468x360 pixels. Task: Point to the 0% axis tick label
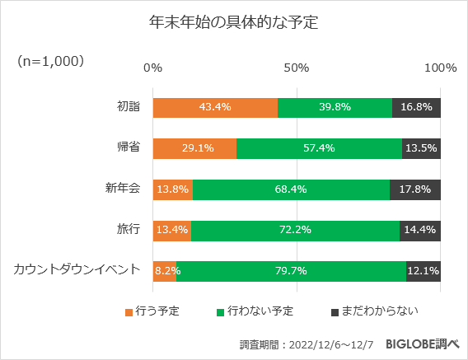pyautogui.click(x=152, y=68)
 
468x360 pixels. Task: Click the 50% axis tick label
pyautogui.click(x=297, y=68)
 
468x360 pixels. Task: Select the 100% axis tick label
pyautogui.click(x=440, y=68)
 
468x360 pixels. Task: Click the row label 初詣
pyautogui.click(x=128, y=107)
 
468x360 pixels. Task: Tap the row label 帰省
pyautogui.click(x=128, y=148)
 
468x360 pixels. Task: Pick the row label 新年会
pyautogui.click(x=122, y=189)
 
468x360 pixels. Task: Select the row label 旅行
pyautogui.click(x=128, y=229)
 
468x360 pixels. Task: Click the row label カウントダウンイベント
pyautogui.click(x=77, y=269)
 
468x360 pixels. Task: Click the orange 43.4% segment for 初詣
pyautogui.click(x=215, y=108)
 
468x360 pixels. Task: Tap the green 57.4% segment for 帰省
pyautogui.click(x=319, y=148)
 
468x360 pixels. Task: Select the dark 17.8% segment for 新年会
pyautogui.click(x=415, y=189)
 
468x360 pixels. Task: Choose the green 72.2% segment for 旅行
pyautogui.click(x=295, y=229)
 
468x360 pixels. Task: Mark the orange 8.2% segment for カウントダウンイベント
pyautogui.click(x=165, y=270)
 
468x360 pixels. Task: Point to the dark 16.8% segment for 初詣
pyautogui.click(x=416, y=108)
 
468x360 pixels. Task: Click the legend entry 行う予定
pyautogui.click(x=152, y=311)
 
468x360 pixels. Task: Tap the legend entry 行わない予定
pyautogui.click(x=255, y=311)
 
